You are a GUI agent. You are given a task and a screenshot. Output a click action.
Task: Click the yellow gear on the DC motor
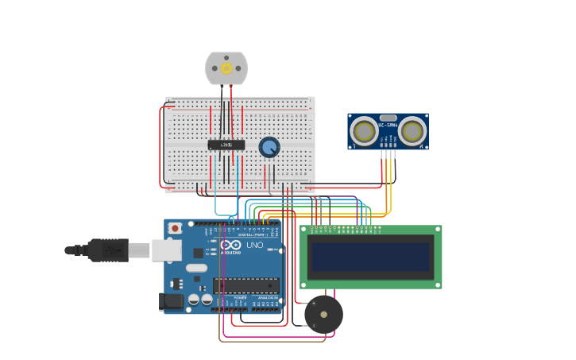pos(226,69)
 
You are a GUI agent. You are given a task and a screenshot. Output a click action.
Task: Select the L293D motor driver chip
pos(226,145)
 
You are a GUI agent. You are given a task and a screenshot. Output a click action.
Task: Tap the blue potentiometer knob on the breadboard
pos(269,147)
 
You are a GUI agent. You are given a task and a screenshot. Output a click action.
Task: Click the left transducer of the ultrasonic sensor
pos(365,132)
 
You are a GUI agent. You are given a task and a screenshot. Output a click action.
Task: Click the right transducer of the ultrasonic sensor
pos(412,132)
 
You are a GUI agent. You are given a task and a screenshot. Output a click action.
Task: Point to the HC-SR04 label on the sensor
pos(388,126)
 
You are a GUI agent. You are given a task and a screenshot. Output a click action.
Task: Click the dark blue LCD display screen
pos(370,257)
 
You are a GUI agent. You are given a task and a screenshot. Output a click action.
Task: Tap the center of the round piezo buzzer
pos(323,315)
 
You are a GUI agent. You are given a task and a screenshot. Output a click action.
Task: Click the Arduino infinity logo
pos(231,245)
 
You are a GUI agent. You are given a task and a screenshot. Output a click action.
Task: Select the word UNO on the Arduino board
pos(255,245)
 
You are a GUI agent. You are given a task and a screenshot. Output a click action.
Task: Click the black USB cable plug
pos(108,250)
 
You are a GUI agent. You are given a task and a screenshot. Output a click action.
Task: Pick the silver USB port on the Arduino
pos(166,250)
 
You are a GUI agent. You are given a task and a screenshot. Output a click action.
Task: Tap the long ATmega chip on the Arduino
pos(245,285)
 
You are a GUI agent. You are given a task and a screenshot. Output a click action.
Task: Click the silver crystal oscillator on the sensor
pos(388,118)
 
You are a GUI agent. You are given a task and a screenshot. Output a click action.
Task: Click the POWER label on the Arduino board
pos(240,297)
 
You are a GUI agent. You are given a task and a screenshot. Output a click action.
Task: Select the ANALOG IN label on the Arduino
pos(266,297)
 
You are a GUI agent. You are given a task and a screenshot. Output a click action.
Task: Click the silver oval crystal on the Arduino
pos(196,268)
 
